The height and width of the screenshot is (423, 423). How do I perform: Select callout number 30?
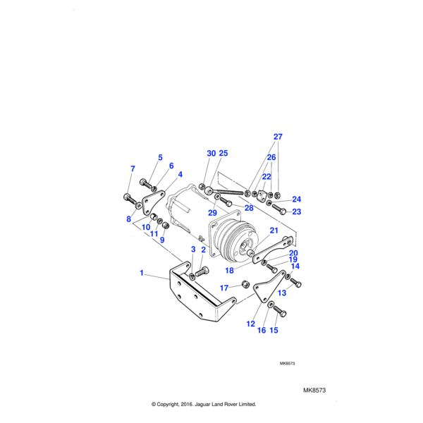coord(211,154)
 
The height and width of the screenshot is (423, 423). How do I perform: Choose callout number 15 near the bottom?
coord(274,330)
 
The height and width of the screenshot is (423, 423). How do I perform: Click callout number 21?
coord(274,231)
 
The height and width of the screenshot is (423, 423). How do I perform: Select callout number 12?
coord(250,324)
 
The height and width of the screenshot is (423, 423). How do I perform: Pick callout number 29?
coord(211,213)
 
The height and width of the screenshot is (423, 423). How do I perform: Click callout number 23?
coord(297,211)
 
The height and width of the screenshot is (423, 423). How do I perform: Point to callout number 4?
coord(180,174)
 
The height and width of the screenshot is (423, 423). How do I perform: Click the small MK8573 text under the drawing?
coord(287,364)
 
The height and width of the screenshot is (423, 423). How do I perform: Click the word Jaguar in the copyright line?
coord(209,405)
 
